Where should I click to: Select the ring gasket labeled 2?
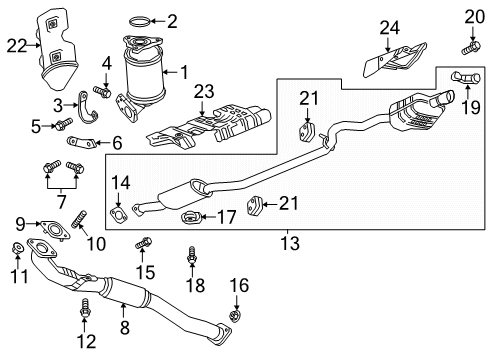[143, 19]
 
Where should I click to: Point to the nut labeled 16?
[234, 318]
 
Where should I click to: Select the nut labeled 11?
[16, 247]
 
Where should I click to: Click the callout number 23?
[205, 91]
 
